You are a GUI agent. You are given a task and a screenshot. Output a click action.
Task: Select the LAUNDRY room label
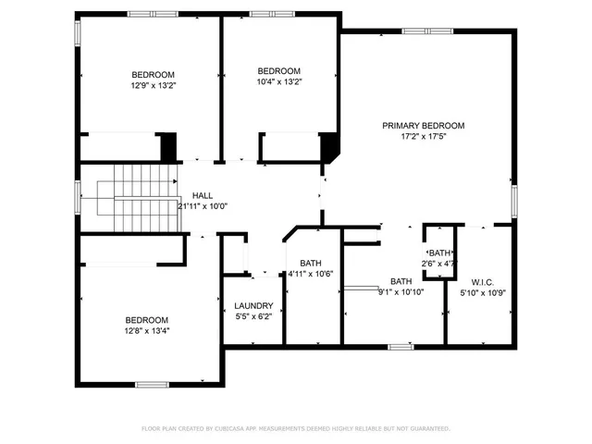[253, 306]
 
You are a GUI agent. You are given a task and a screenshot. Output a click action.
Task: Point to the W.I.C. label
[483, 282]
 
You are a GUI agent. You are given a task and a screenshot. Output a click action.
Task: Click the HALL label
[203, 195]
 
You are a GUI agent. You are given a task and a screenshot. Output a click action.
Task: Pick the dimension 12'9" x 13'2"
[153, 85]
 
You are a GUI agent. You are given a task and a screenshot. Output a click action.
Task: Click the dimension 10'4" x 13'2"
[278, 82]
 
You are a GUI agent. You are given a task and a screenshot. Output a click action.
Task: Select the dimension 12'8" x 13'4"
[147, 329]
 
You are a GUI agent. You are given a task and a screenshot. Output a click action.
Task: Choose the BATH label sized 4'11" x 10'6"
[310, 264]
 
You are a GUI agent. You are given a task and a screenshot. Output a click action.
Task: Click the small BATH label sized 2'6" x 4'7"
[439, 253]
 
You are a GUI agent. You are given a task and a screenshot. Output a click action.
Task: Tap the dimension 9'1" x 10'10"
[401, 292]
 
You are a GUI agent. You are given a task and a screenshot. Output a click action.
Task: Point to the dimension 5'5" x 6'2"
[253, 316]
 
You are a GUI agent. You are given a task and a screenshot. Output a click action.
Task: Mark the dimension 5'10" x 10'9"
[483, 293]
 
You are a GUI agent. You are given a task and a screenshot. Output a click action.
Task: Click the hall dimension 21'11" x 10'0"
[203, 206]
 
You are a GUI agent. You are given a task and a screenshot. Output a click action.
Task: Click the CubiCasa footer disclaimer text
[295, 428]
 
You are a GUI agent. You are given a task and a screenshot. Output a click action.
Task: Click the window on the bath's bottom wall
[401, 346]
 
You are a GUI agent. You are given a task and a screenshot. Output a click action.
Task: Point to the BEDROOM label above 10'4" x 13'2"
[278, 71]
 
